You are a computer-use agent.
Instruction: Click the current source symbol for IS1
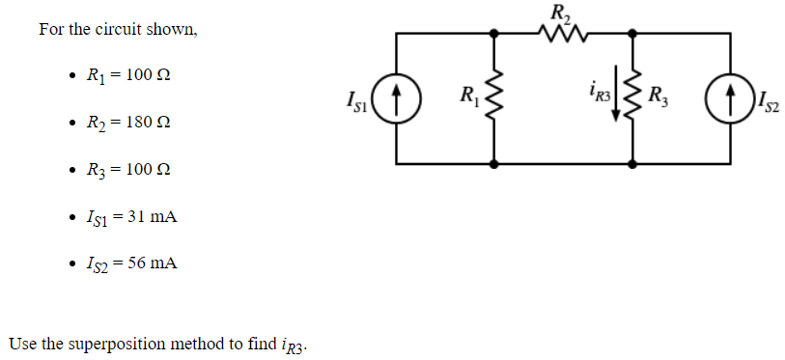point(398,98)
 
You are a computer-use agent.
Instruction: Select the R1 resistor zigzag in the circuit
point(495,97)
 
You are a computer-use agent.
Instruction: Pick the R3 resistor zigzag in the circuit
point(633,97)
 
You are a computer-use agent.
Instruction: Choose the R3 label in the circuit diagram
point(658,96)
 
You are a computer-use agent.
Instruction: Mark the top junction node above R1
point(495,34)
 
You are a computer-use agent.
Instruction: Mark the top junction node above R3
point(633,34)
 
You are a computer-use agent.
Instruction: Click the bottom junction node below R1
point(495,164)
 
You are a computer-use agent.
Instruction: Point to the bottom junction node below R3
point(633,164)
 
